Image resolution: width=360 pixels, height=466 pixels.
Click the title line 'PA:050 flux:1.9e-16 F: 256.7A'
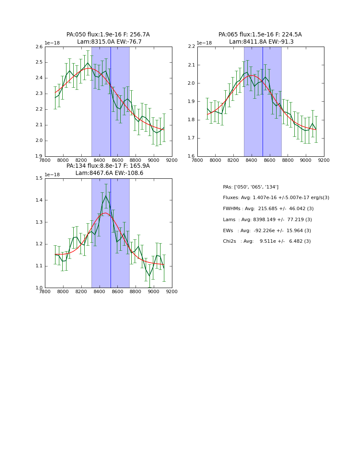(108, 35)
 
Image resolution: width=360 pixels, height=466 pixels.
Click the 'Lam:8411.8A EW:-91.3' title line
(260, 42)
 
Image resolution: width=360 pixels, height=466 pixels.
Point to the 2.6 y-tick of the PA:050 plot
(39, 47)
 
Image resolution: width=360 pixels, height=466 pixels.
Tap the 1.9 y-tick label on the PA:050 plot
(39, 156)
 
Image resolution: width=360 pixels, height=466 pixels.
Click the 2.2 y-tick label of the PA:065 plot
(191, 47)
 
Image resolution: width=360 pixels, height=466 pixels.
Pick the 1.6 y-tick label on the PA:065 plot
(191, 156)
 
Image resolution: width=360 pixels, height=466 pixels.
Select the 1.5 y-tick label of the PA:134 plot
(39, 178)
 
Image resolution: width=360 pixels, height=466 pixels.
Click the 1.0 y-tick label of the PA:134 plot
(39, 288)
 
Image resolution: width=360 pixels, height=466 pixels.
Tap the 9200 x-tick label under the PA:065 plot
(324, 161)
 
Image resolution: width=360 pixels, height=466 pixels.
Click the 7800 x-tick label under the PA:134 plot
(45, 292)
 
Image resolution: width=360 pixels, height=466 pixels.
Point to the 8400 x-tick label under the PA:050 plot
(99, 161)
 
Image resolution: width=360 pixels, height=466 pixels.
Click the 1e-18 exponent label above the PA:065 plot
(205, 43)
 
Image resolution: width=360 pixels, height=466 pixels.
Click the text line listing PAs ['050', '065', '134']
(250, 187)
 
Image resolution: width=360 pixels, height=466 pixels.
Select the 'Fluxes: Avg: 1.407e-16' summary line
(276, 198)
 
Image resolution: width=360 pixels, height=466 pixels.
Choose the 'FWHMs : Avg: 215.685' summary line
(268, 209)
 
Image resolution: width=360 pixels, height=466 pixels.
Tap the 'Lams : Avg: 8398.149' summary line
(267, 220)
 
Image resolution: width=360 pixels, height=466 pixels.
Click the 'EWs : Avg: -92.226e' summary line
(267, 231)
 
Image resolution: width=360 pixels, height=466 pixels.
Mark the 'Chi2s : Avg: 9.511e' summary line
(267, 241)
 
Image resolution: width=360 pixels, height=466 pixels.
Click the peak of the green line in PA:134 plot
(106, 195)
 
